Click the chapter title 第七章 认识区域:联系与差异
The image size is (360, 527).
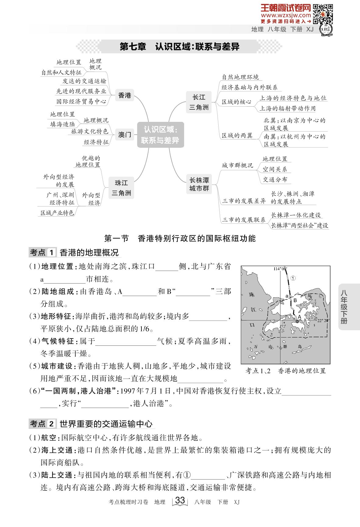pos(180,47)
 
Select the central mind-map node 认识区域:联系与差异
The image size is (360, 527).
pos(160,135)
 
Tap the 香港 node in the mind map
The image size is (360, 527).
pos(124,95)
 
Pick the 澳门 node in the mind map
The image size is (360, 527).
pos(124,134)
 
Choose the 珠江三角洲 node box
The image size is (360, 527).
pos(121,188)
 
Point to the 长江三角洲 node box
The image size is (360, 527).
pos(199,102)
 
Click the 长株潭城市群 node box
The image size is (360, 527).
pos(199,184)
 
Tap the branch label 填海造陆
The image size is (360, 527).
pos(62,124)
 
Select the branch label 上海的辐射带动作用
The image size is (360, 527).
pos(287,108)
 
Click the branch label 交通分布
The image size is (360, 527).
pos(275,179)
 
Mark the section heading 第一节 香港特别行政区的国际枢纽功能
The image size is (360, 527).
pos(180,238)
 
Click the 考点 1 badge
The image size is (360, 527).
pos(42,253)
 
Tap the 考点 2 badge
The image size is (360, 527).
pos(42,424)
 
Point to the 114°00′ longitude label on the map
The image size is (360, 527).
pos(280,269)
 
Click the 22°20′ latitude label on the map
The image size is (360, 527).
pos(323,320)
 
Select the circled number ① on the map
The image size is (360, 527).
pos(293,278)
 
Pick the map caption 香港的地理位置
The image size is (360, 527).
pos(302,371)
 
